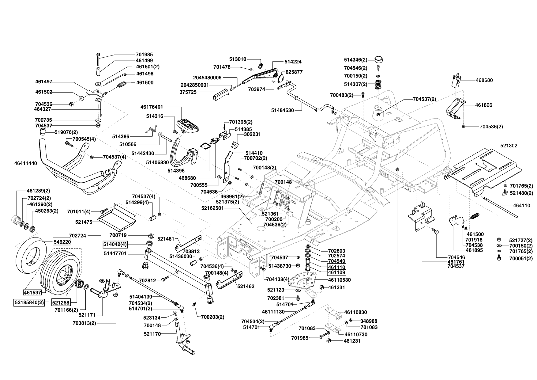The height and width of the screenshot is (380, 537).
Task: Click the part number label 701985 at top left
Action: coord(144,55)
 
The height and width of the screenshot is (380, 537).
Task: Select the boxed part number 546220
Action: coord(62,242)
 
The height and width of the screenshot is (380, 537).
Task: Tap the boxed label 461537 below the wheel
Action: coord(32,292)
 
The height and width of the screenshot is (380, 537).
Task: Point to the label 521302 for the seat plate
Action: coord(509,146)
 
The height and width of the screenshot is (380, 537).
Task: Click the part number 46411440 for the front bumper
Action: coord(25,163)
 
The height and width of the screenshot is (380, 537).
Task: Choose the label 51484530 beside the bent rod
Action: coord(283,110)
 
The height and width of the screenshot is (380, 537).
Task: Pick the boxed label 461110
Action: coord(337,267)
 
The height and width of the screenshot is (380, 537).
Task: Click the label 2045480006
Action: coord(207,78)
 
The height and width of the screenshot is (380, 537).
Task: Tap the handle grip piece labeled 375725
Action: coord(220,94)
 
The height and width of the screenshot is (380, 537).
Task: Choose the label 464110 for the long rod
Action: coord(522,206)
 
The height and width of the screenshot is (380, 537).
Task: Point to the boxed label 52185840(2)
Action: coord(29,302)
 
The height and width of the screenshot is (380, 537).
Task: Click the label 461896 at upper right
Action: coord(484,105)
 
